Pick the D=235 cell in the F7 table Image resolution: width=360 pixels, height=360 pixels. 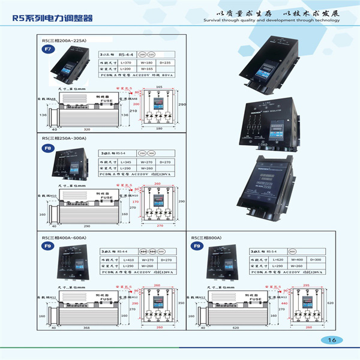tap(166, 63)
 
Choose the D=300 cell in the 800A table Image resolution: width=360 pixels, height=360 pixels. tap(316, 259)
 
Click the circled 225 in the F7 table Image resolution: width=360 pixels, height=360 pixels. tap(151, 53)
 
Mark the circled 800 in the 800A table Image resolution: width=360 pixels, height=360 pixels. tap(292, 252)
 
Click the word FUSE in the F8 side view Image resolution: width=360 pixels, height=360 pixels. tap(106, 196)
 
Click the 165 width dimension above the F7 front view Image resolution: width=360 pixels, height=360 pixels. tap(159, 87)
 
